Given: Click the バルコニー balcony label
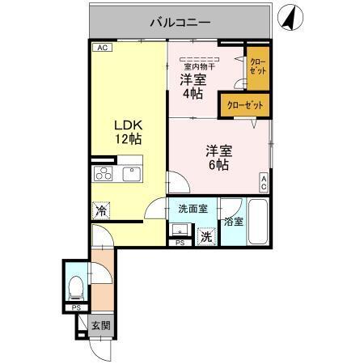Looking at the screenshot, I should pos(180,23).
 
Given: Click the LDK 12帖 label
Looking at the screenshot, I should pos(127,132).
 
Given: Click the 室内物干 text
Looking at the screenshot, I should pos(200,66).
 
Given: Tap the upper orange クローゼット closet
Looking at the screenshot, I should pos(257,68).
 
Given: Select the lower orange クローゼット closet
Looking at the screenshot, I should pos(244,106).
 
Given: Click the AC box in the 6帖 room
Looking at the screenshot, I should pos(264,183).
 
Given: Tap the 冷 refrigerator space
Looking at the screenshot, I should pos(101,210).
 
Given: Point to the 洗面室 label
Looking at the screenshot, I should pos(193,209).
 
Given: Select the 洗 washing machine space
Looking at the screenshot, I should pos(207,237).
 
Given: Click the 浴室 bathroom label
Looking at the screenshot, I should pos(233,221).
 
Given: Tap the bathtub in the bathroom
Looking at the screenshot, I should pos(258,222).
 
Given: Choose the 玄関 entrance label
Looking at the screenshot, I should pos(100,327).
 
